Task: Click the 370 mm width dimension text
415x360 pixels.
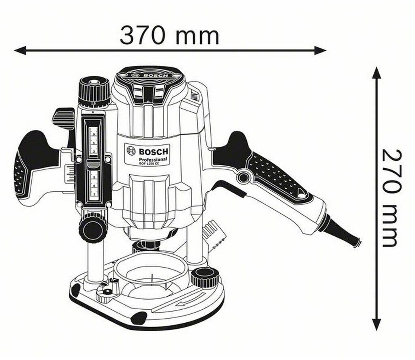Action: [x=169, y=35]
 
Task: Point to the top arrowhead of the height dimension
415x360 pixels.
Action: [x=377, y=73]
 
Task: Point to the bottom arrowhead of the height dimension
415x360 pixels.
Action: [x=377, y=324]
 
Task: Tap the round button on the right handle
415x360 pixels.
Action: [x=243, y=177]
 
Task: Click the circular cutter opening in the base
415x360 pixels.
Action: [x=151, y=276]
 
